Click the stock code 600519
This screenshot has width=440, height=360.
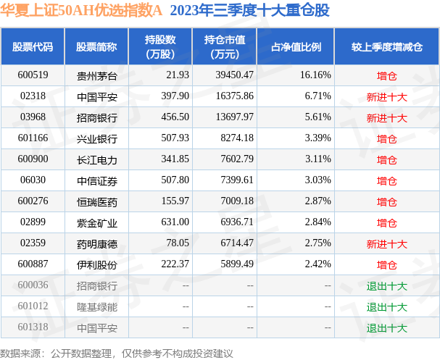33,75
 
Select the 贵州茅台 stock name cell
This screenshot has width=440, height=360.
96,75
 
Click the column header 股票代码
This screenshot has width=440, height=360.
33,47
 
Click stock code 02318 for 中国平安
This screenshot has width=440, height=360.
33,96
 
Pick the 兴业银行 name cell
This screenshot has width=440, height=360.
96,138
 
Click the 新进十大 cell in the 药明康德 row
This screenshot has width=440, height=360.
386,244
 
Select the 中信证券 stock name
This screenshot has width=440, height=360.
96,180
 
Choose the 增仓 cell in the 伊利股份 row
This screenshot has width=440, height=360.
386,265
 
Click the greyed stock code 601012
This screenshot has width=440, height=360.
33,307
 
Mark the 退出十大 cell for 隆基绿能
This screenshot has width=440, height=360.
386,307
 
